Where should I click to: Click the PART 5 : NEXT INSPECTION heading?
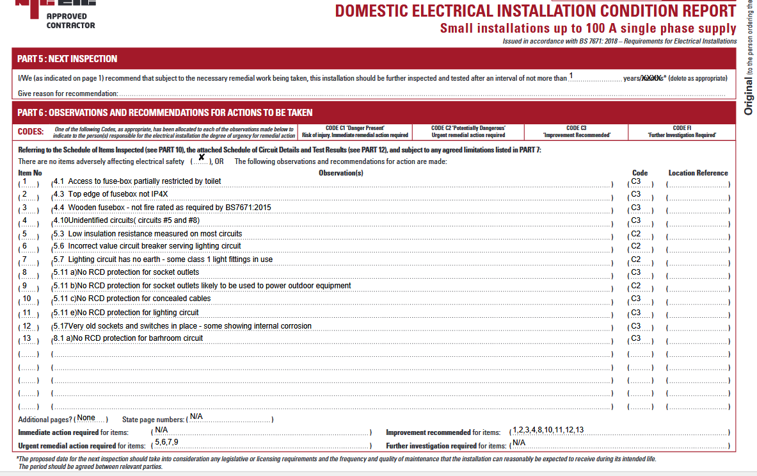pyautogui.click(x=67, y=59)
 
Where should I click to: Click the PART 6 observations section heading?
pyautogui.click(x=165, y=113)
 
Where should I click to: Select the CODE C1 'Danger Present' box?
pyautogui.click(x=355, y=131)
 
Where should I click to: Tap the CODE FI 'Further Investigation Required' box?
pyautogui.click(x=682, y=131)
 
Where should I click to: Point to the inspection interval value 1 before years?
pyautogui.click(x=571, y=76)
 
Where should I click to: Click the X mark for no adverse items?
pyautogui.click(x=202, y=158)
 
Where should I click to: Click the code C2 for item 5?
pyautogui.click(x=636, y=234)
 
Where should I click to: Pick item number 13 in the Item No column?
pyautogui.click(x=27, y=338)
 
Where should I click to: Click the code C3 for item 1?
pyautogui.click(x=636, y=181)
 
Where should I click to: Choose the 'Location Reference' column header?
pyautogui.click(x=698, y=173)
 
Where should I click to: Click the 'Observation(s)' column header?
pyautogui.click(x=341, y=173)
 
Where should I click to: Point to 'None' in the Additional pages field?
pyautogui.click(x=86, y=418)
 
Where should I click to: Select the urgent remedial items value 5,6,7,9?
pyautogui.click(x=166, y=442)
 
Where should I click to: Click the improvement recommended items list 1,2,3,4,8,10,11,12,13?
pyautogui.click(x=548, y=430)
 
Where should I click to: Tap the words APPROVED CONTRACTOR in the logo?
pyautogui.click(x=70, y=21)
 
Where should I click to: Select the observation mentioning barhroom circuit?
pyautogui.click(x=128, y=338)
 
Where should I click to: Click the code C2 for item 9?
pyautogui.click(x=636, y=286)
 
